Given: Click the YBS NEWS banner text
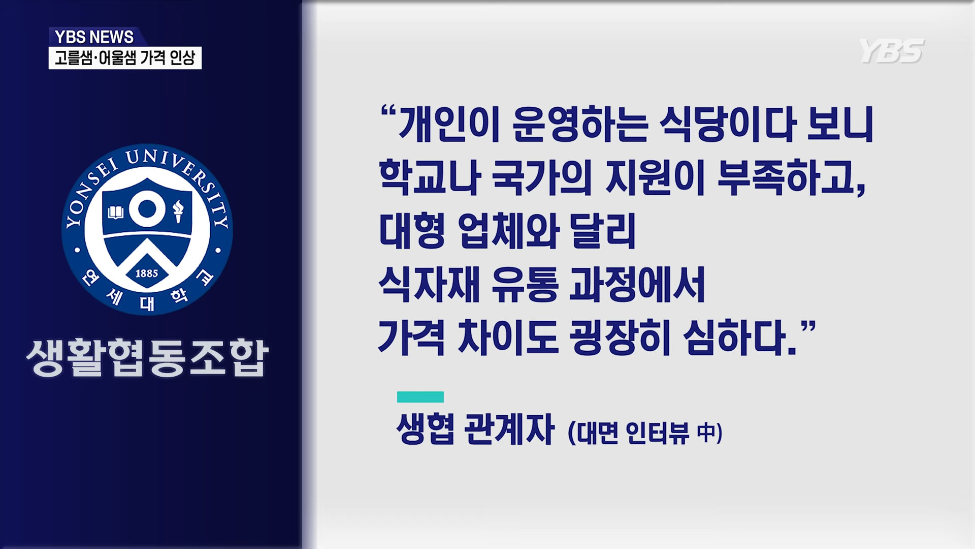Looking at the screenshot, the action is [x=94, y=37].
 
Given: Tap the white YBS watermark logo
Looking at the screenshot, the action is [x=892, y=51].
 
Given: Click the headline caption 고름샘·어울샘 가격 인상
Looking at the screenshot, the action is [x=125, y=58].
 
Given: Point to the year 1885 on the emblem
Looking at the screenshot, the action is [x=147, y=273].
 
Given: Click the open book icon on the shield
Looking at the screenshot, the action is [x=116, y=212].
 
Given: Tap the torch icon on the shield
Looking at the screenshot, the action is [x=178, y=211].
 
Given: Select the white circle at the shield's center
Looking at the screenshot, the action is [x=147, y=209].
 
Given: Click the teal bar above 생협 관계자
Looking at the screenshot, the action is [x=420, y=397].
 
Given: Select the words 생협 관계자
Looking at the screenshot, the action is [x=475, y=430].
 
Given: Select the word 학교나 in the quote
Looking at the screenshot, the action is [x=430, y=177].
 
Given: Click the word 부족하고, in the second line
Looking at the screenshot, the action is [x=791, y=178].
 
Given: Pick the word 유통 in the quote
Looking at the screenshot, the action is [x=525, y=284].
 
